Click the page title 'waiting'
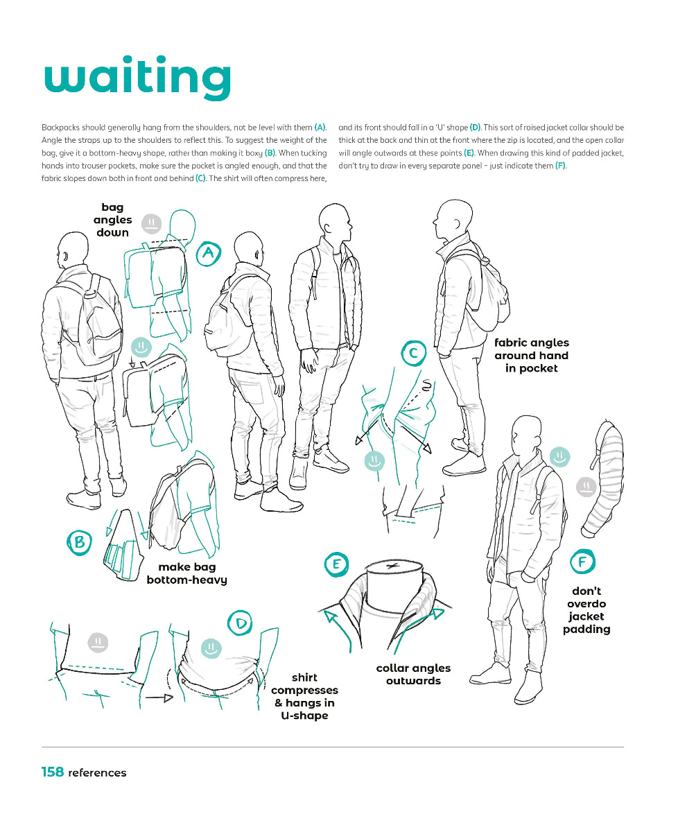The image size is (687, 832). click(137, 78)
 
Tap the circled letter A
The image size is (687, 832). click(208, 254)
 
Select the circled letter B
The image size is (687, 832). click(80, 542)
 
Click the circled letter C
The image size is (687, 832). click(413, 354)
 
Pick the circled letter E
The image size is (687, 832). click(336, 564)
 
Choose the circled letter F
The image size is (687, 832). click(582, 562)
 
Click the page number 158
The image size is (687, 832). click(52, 772)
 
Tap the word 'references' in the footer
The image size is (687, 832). click(97, 773)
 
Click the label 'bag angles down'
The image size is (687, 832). click(112, 220)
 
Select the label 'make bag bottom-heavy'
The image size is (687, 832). click(186, 573)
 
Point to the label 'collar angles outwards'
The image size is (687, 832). click(413, 675)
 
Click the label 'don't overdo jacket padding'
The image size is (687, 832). click(586, 610)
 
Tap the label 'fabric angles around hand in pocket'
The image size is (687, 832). click(531, 356)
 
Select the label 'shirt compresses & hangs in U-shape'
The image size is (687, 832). click(304, 696)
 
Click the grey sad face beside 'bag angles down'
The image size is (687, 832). click(151, 223)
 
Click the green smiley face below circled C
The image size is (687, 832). click(374, 460)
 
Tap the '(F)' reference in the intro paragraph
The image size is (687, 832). click(560, 166)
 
